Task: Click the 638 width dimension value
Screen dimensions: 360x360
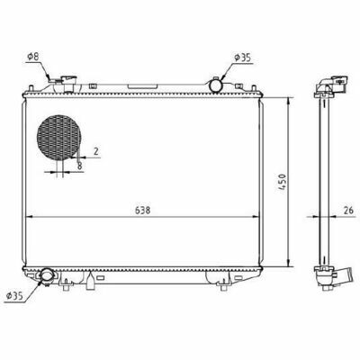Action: point(142,211)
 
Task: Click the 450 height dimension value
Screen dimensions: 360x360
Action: point(283,182)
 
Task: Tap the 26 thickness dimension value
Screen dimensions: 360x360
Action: point(348,210)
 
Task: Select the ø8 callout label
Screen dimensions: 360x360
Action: point(33,57)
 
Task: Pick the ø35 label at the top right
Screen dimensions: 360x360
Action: point(242,58)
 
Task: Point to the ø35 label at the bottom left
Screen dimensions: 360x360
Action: point(14,296)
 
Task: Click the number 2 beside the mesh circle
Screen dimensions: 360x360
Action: point(96,151)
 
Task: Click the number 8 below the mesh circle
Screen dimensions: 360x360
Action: point(80,166)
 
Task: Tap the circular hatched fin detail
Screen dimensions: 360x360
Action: point(59,137)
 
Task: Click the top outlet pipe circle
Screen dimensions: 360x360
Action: point(216,85)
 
